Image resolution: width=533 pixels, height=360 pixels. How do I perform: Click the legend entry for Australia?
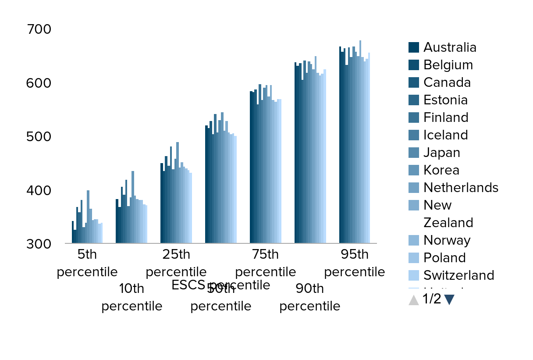pyautogui.click(x=449, y=47)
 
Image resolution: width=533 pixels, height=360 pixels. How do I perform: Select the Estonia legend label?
pyautogui.click(x=445, y=100)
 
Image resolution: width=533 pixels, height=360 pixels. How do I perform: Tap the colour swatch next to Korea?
pyautogui.click(x=414, y=170)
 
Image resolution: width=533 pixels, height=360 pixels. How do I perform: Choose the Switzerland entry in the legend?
pyautogui.click(x=458, y=275)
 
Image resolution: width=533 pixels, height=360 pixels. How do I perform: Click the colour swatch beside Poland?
pyautogui.click(x=414, y=258)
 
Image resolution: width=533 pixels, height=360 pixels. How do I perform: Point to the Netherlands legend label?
pyautogui.click(x=461, y=188)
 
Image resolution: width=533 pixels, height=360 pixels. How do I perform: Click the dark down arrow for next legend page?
pyautogui.click(x=449, y=299)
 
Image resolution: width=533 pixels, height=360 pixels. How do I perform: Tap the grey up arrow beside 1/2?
pyautogui.click(x=413, y=300)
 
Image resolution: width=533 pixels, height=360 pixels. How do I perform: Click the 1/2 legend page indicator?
pyautogui.click(x=431, y=299)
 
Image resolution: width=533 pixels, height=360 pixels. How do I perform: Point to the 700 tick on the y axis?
pyautogui.click(x=39, y=29)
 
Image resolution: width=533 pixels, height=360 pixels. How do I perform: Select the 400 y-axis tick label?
pyautogui.click(x=39, y=190)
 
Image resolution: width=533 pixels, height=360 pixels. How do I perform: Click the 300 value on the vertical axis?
pyautogui.click(x=39, y=244)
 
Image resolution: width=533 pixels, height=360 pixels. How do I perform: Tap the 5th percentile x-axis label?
pyautogui.click(x=87, y=263)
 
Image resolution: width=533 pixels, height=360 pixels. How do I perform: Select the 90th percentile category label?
pyautogui.click(x=309, y=297)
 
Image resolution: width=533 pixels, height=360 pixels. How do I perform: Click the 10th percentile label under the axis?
pyautogui.click(x=131, y=297)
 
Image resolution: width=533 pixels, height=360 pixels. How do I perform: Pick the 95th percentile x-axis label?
pyautogui.click(x=354, y=263)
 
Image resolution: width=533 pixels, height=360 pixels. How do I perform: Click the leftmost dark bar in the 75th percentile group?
pyautogui.click(x=251, y=167)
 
